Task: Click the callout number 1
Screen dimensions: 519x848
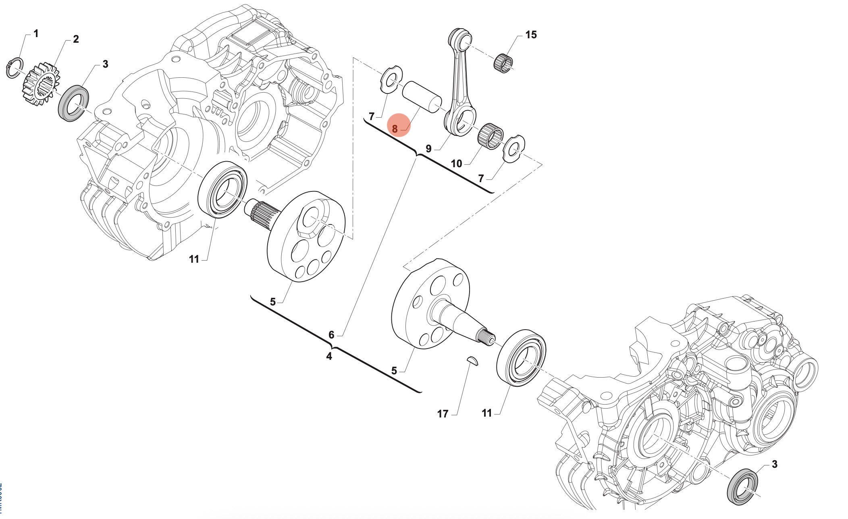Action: pos(36,33)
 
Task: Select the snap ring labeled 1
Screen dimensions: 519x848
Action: pos(15,68)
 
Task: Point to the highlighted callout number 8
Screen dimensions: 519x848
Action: pos(395,129)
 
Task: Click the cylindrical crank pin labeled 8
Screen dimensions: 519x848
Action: pos(422,97)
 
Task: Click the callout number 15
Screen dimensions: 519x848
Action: pos(531,35)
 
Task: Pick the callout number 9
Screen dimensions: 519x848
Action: pos(428,149)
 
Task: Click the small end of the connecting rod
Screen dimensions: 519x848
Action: pos(460,38)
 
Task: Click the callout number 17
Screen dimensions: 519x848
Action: pos(443,414)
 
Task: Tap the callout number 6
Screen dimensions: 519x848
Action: pos(331,335)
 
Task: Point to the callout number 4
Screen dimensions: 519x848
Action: pos(329,356)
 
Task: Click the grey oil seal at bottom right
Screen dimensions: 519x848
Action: pos(742,486)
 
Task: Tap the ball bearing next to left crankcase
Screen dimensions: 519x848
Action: pos(222,189)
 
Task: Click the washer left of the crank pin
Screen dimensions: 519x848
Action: pos(391,79)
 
